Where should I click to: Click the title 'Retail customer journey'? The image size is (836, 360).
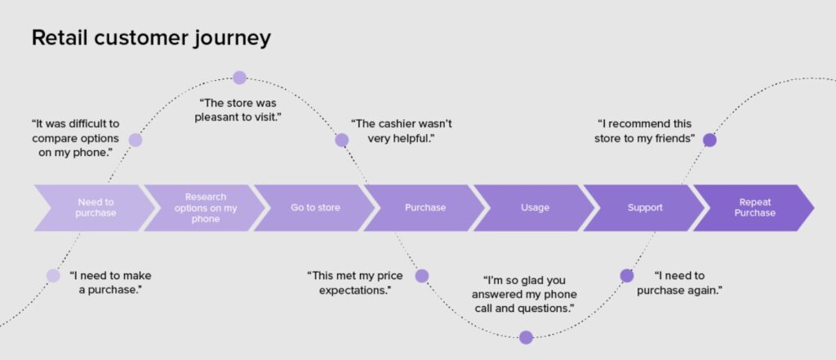tap(151, 38)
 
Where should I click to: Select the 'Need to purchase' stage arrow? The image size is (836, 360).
tap(96, 207)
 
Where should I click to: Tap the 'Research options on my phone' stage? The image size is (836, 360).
tap(205, 207)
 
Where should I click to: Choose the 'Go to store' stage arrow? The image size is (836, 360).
tap(315, 207)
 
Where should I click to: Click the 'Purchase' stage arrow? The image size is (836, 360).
tap(425, 207)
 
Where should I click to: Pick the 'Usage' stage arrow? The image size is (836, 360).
tap(535, 207)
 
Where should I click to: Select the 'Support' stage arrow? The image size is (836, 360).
tap(644, 207)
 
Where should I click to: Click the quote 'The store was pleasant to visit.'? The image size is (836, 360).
tap(238, 110)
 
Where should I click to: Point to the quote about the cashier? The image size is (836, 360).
tap(402, 131)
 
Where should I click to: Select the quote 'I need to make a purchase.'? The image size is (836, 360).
tap(110, 282)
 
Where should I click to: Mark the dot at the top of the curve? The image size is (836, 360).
tap(239, 78)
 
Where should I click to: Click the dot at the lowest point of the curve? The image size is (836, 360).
tap(526, 337)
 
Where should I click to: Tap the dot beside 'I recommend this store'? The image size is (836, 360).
tap(709, 140)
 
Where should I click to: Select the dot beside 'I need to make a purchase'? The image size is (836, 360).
tap(53, 275)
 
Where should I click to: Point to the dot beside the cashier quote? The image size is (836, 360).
tap(342, 140)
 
